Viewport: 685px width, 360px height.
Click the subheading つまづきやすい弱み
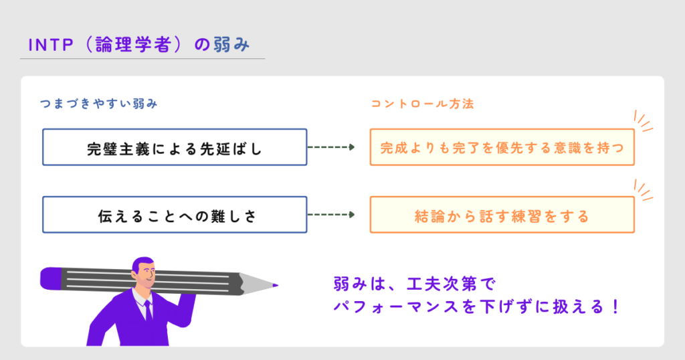98,104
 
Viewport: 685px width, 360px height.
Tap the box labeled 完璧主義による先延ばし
175,147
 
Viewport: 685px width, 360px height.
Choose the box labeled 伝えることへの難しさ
175,215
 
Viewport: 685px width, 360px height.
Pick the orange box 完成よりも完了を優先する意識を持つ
502,147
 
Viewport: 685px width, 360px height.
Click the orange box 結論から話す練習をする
502,215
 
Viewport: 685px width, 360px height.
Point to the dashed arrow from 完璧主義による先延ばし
330,147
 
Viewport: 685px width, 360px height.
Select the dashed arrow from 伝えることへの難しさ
330,215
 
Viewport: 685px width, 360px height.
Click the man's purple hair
142,262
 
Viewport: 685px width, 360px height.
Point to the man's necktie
148,310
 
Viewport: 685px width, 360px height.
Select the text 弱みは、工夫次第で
413,284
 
